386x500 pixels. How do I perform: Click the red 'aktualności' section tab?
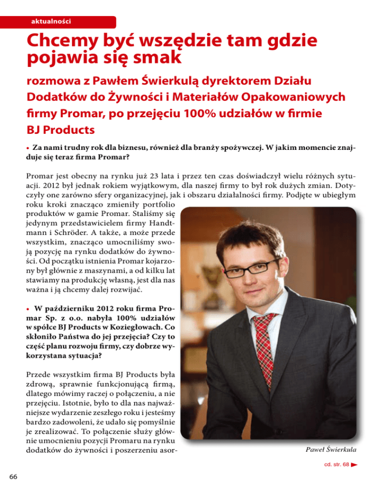coord(50,21)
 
